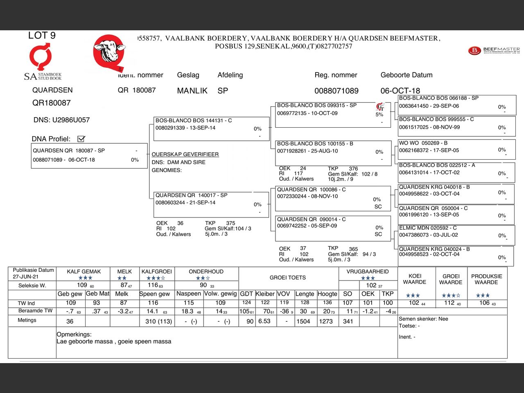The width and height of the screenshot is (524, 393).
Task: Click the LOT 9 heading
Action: [42, 36]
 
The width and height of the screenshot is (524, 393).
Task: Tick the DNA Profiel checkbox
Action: [81, 139]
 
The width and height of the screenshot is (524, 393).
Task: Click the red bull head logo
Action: [108, 52]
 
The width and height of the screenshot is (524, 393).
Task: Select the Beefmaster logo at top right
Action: [494, 51]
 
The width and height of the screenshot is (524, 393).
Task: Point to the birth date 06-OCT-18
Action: [400, 90]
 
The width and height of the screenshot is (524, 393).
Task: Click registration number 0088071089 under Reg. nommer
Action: [336, 90]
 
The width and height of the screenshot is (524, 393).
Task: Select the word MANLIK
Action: [192, 90]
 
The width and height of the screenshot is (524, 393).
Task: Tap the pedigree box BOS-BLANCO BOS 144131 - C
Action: [211, 128]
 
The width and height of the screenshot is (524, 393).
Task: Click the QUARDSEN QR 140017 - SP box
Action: [211, 203]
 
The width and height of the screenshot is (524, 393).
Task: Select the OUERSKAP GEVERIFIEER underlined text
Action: [185, 154]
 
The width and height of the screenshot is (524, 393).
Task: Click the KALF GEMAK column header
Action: [84, 271]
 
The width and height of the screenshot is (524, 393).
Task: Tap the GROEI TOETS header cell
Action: [287, 278]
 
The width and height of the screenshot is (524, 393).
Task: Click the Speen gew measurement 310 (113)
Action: [158, 321]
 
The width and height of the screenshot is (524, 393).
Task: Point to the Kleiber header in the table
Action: [265, 294]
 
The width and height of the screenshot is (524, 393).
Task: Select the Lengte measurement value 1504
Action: [303, 321]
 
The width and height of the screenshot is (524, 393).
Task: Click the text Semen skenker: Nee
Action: [423, 319]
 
